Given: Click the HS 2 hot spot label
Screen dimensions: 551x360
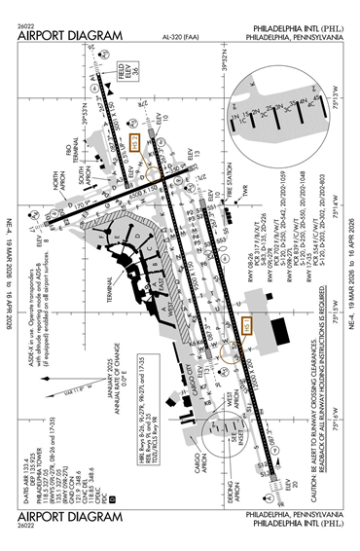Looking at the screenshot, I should click(x=136, y=141).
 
